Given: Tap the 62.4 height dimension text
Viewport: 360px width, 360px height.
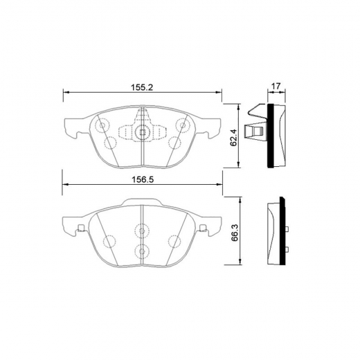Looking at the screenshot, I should (x=235, y=136).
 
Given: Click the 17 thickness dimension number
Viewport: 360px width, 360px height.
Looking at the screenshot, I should (x=275, y=87).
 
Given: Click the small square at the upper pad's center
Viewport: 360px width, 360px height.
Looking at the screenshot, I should (x=142, y=133).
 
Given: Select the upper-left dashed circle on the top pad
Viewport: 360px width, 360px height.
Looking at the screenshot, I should (x=102, y=126).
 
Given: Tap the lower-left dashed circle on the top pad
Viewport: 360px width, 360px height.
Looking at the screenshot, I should (x=109, y=143).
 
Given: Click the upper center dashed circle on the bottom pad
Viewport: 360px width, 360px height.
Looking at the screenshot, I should (x=142, y=231).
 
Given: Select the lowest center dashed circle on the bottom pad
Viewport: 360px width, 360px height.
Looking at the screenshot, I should (x=142, y=251).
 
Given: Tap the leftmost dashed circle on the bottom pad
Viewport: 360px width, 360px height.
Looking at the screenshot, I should (x=109, y=242).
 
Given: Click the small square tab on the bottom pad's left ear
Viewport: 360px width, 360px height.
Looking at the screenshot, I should (x=81, y=229).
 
